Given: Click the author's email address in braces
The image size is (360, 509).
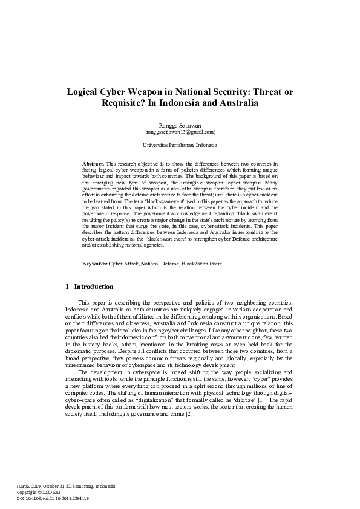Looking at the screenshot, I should [180, 131].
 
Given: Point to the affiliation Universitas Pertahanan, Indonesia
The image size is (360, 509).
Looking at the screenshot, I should [180, 146].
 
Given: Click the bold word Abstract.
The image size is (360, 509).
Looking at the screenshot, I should [93, 164].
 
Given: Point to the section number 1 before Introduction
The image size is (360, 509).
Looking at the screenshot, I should [66, 286].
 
